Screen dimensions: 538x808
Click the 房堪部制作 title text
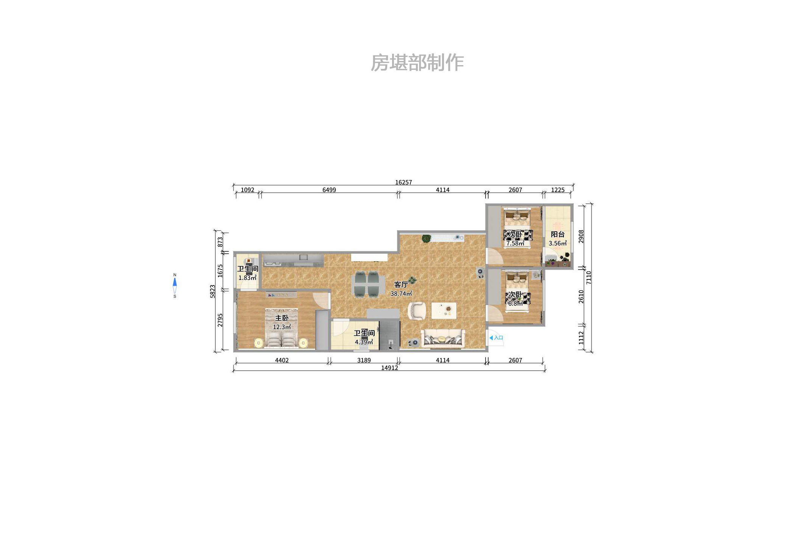(x=417, y=63)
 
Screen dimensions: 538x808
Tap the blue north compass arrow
(x=174, y=282)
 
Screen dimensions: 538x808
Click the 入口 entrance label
(x=498, y=338)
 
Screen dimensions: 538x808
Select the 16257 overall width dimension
(x=403, y=182)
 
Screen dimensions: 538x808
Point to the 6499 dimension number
(x=329, y=190)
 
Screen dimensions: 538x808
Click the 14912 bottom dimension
(x=389, y=368)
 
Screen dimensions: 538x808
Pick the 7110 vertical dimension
(x=588, y=278)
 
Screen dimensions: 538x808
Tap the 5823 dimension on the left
(x=213, y=291)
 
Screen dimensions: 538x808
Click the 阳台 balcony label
(x=557, y=234)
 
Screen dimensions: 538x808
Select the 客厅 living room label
(x=401, y=284)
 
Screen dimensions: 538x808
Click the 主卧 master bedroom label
(x=282, y=318)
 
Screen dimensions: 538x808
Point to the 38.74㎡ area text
(x=401, y=293)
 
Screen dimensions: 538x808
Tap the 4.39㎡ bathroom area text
(x=364, y=342)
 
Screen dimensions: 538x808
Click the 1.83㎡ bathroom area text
(x=247, y=278)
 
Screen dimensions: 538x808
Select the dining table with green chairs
(x=365, y=284)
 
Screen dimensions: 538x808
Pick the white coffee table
(x=444, y=310)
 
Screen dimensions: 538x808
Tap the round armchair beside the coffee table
(x=417, y=311)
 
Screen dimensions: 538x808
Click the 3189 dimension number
(x=364, y=360)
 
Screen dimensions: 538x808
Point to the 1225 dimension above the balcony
(x=557, y=190)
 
